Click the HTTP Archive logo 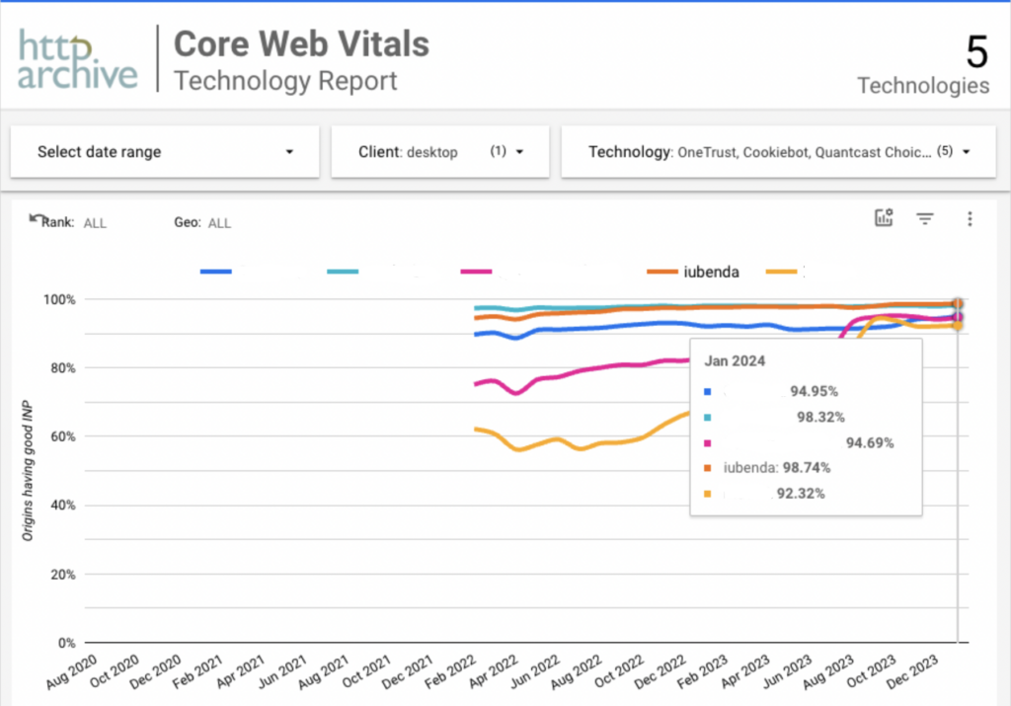tap(78, 60)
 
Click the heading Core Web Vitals tap(301, 43)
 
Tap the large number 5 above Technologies tap(975, 51)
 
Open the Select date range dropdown tap(165, 152)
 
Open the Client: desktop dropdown tap(439, 152)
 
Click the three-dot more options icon tap(970, 219)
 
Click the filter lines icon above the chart tap(925, 219)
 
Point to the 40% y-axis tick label tap(61, 506)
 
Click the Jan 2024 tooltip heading tap(736, 361)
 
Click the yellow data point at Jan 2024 tap(957, 326)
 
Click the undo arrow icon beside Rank tap(38, 218)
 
